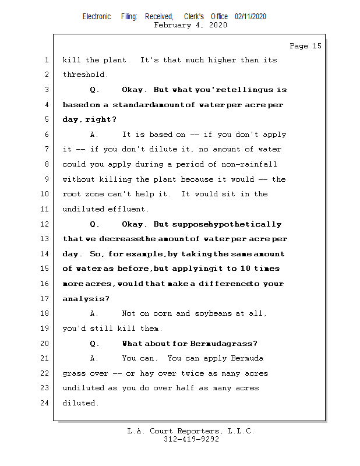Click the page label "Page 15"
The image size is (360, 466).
(305, 46)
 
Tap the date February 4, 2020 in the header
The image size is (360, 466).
(190, 25)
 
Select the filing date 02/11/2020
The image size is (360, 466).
(250, 16)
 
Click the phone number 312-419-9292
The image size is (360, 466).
(191, 439)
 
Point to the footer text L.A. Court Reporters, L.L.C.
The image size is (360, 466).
(190, 431)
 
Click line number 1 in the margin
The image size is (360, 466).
(46, 60)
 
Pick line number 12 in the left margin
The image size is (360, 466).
(45, 224)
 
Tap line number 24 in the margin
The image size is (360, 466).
(45, 403)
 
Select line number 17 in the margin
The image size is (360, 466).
(45, 299)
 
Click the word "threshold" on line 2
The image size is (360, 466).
(85, 75)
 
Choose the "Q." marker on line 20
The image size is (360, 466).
(94, 343)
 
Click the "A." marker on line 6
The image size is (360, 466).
(94, 135)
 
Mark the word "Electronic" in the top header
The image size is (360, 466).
(96, 16)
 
